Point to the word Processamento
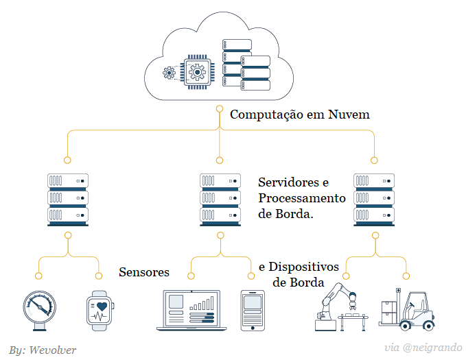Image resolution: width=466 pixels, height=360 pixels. pyautogui.click(x=302, y=198)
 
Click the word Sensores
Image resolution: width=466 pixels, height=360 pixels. pyautogui.click(x=144, y=272)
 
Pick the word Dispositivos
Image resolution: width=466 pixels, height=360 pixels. pyautogui.click(x=304, y=266)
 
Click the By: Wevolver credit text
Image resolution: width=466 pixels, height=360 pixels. pyautogui.click(x=43, y=350)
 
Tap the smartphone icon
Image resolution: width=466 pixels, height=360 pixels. pyautogui.click(x=252, y=310)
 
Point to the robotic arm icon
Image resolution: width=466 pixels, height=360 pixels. pyautogui.click(x=341, y=305)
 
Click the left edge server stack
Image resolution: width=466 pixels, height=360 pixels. pyautogui.click(x=67, y=199)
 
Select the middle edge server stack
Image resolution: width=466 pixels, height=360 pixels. pyautogui.click(x=220, y=199)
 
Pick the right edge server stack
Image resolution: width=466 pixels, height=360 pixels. pyautogui.click(x=374, y=199)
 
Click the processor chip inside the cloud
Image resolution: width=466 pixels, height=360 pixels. pyautogui.click(x=197, y=71)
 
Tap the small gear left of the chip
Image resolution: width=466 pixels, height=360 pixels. pyautogui.click(x=169, y=73)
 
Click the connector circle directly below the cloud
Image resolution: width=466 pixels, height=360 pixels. pyautogui.click(x=220, y=109)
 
